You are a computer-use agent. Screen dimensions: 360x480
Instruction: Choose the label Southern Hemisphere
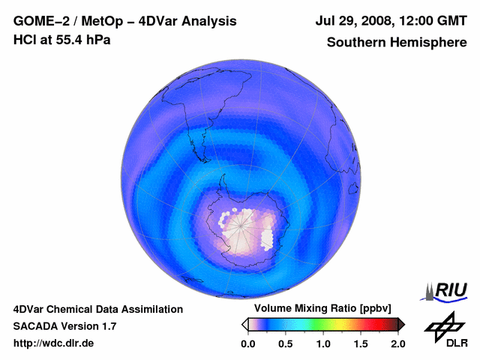click(x=397, y=42)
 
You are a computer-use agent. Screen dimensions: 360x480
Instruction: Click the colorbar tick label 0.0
click(x=247, y=343)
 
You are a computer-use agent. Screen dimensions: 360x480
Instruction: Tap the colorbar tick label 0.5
click(x=285, y=343)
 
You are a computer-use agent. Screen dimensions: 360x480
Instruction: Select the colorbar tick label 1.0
click(x=323, y=343)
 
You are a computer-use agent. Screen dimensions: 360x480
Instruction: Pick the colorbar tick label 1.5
click(x=361, y=343)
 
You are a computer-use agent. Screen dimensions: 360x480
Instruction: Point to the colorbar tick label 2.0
click(x=398, y=343)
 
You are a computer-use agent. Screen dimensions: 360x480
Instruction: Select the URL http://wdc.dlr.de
click(x=54, y=343)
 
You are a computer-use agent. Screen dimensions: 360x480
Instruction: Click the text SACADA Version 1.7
click(x=64, y=326)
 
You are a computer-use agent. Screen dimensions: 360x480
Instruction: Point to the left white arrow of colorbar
click(x=244, y=324)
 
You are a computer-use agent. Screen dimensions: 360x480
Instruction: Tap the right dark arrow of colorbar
click(x=401, y=324)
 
